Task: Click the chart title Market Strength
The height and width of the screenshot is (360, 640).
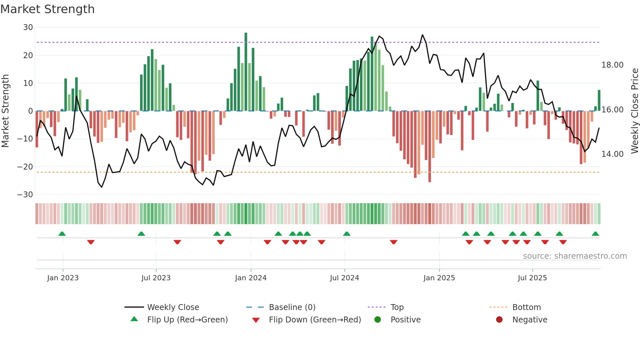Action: pos(47,9)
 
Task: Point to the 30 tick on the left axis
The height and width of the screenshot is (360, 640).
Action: pos(28,27)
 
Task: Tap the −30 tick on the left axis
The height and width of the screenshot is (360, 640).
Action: pos(25,195)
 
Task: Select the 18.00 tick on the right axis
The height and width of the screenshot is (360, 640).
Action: pos(612,65)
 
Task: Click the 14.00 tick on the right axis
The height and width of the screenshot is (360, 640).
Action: pos(612,154)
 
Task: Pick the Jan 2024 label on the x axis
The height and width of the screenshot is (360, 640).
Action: pos(250,278)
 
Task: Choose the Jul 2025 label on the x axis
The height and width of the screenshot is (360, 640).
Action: pos(532,278)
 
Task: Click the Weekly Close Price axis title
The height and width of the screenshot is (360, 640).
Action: pos(634,111)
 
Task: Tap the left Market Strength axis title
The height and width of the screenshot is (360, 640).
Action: pos(5,111)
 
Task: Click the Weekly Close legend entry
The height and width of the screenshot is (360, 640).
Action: pos(173,307)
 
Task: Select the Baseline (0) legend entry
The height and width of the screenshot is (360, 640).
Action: pos(292,307)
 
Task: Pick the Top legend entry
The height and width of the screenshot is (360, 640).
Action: pos(397,307)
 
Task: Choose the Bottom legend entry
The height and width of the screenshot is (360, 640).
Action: pos(526,307)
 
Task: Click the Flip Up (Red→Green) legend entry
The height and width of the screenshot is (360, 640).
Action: pos(187,320)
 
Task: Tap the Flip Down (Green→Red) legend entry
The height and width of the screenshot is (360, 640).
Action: pos(315,320)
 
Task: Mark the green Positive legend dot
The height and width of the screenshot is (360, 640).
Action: pos(377,320)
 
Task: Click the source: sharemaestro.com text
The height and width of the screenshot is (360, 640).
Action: pos(575,256)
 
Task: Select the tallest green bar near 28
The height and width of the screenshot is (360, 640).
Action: pos(246,72)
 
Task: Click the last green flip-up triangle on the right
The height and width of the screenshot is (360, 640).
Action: pos(595,234)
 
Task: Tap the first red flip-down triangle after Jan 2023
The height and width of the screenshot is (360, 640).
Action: pos(91,242)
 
